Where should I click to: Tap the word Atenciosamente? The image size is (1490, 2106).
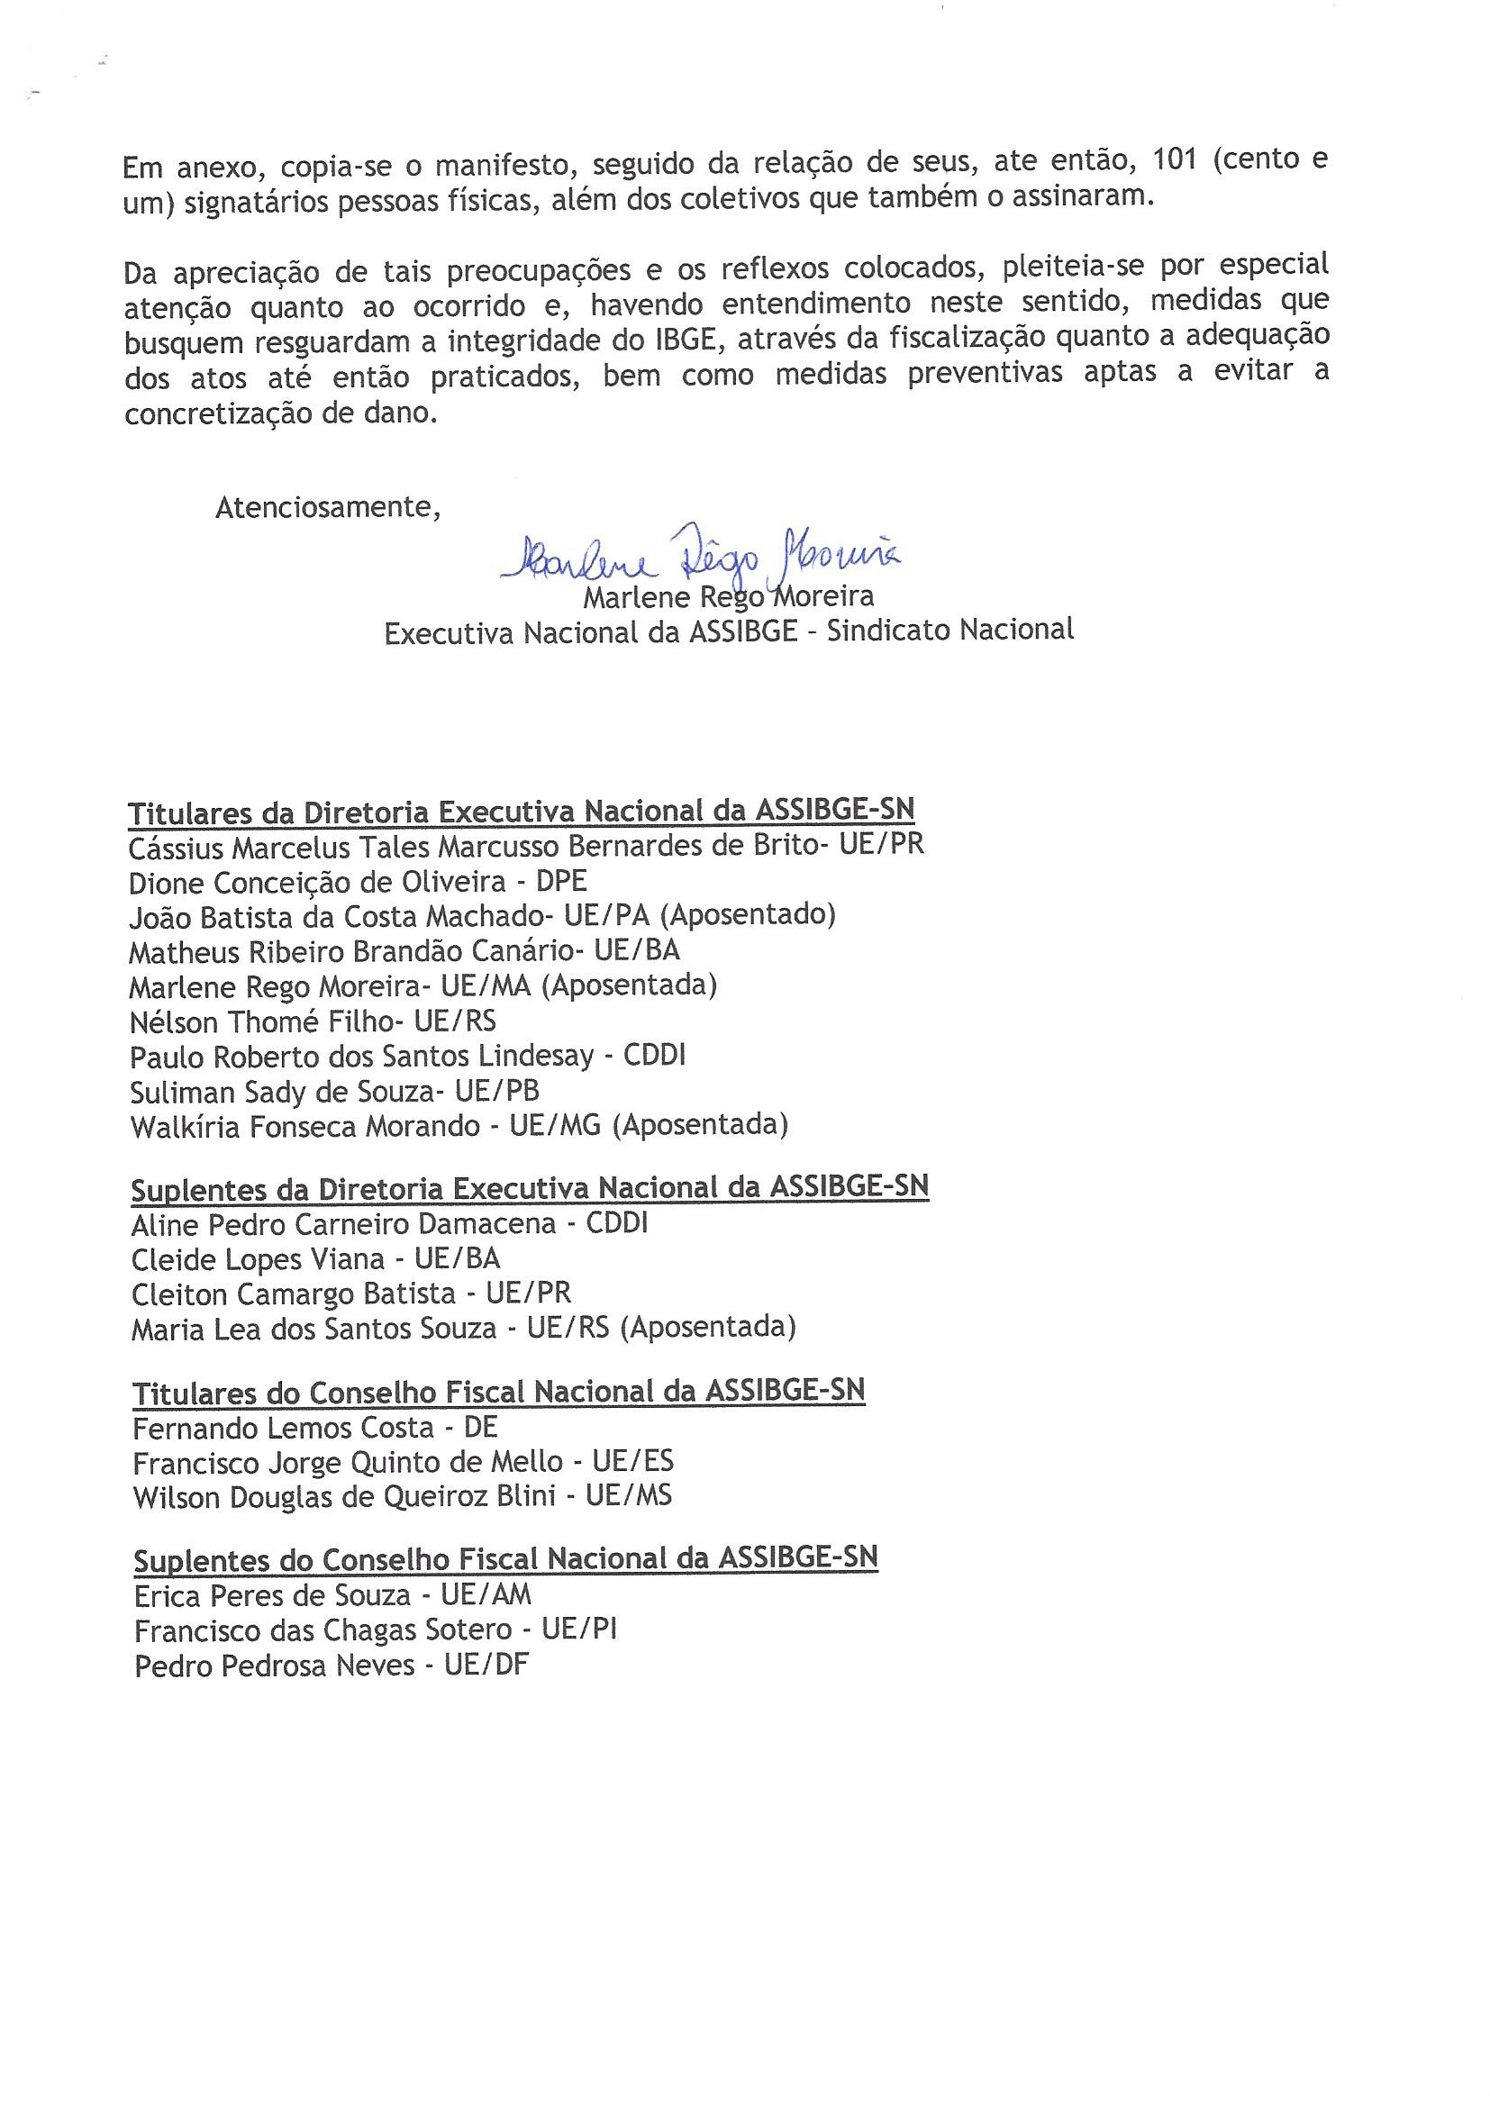click(x=328, y=506)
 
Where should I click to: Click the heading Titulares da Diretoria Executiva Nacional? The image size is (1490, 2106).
click(x=521, y=812)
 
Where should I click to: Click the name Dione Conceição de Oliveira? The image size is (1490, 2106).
click(x=317, y=883)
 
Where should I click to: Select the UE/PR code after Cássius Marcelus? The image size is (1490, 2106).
click(x=881, y=845)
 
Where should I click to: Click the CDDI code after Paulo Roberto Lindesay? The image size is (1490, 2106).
click(x=654, y=1056)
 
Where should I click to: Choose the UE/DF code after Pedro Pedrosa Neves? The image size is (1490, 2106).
click(x=487, y=1666)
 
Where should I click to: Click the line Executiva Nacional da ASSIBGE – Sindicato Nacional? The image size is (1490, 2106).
click(x=729, y=631)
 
